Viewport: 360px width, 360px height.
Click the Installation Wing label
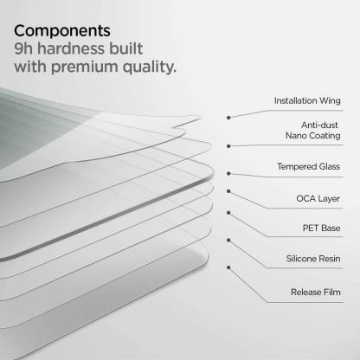click(307, 100)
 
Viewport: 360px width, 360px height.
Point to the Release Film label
click(315, 293)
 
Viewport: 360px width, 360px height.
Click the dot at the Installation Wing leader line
click(229, 116)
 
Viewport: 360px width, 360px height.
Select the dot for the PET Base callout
click(228, 213)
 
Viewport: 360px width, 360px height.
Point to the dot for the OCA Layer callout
click(228, 190)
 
